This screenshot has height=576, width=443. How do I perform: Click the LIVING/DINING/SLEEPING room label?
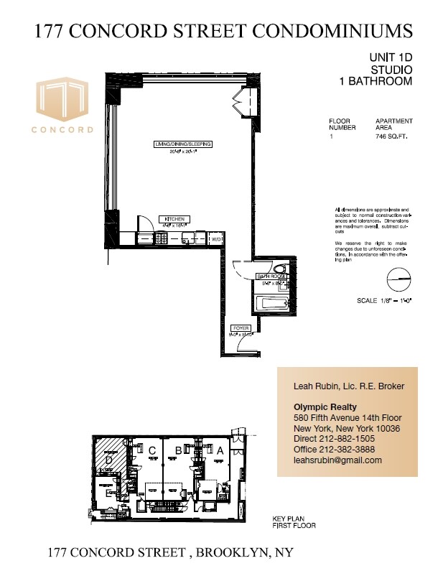coord(182,144)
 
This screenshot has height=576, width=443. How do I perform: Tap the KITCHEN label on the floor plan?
coord(174,218)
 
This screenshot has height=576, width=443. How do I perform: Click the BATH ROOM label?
coord(270,277)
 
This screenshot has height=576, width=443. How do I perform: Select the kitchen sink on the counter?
coord(188,238)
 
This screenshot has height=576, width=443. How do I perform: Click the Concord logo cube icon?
coord(62,100)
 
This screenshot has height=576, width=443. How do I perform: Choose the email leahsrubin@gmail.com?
coord(337,460)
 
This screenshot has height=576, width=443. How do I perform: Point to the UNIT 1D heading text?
coord(391,57)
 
